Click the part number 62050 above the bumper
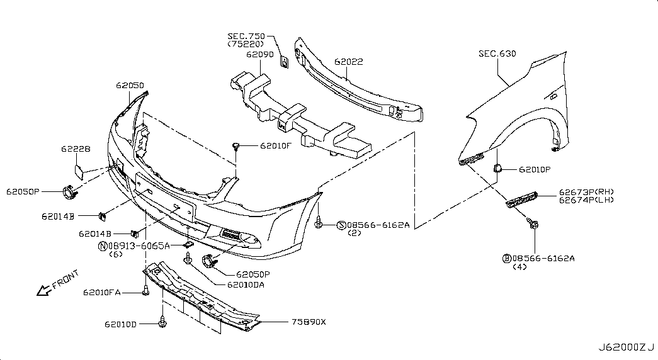click(130, 85)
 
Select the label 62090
click(260, 55)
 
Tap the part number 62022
click(348, 62)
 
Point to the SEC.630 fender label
click(497, 54)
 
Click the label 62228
click(76, 149)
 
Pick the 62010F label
click(276, 147)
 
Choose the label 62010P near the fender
click(535, 170)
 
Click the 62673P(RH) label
click(586, 192)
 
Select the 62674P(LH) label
click(586, 200)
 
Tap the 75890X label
click(308, 322)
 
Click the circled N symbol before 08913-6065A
click(102, 246)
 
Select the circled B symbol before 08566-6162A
click(506, 259)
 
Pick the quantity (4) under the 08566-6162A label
click(521, 267)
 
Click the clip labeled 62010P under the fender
click(496, 168)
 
